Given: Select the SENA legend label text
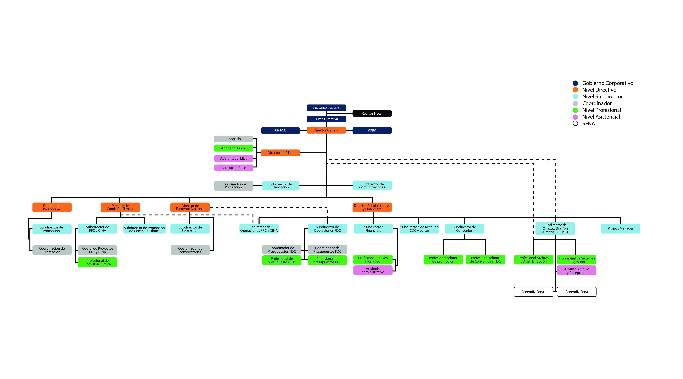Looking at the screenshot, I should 588,123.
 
